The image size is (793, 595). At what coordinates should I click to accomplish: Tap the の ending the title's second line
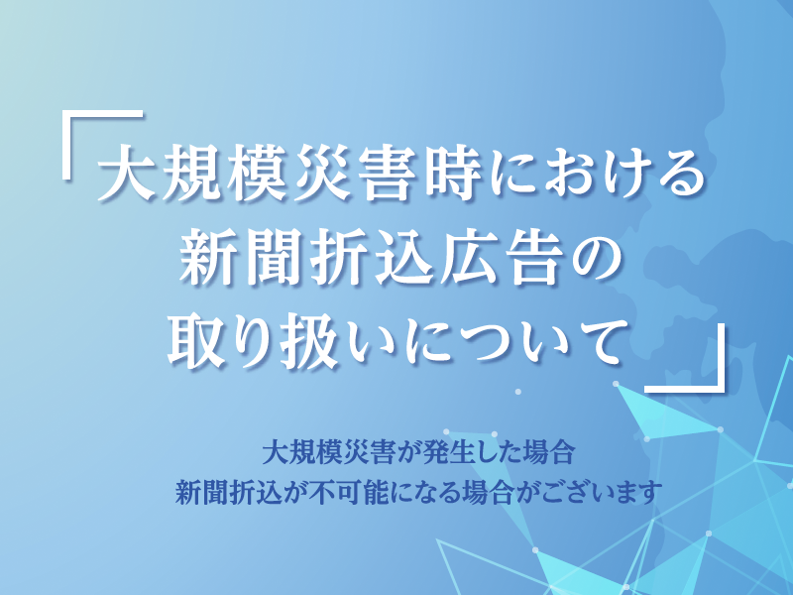(593, 259)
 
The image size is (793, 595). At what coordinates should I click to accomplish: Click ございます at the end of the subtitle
(602, 492)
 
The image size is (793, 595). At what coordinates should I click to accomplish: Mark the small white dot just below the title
(517, 391)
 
